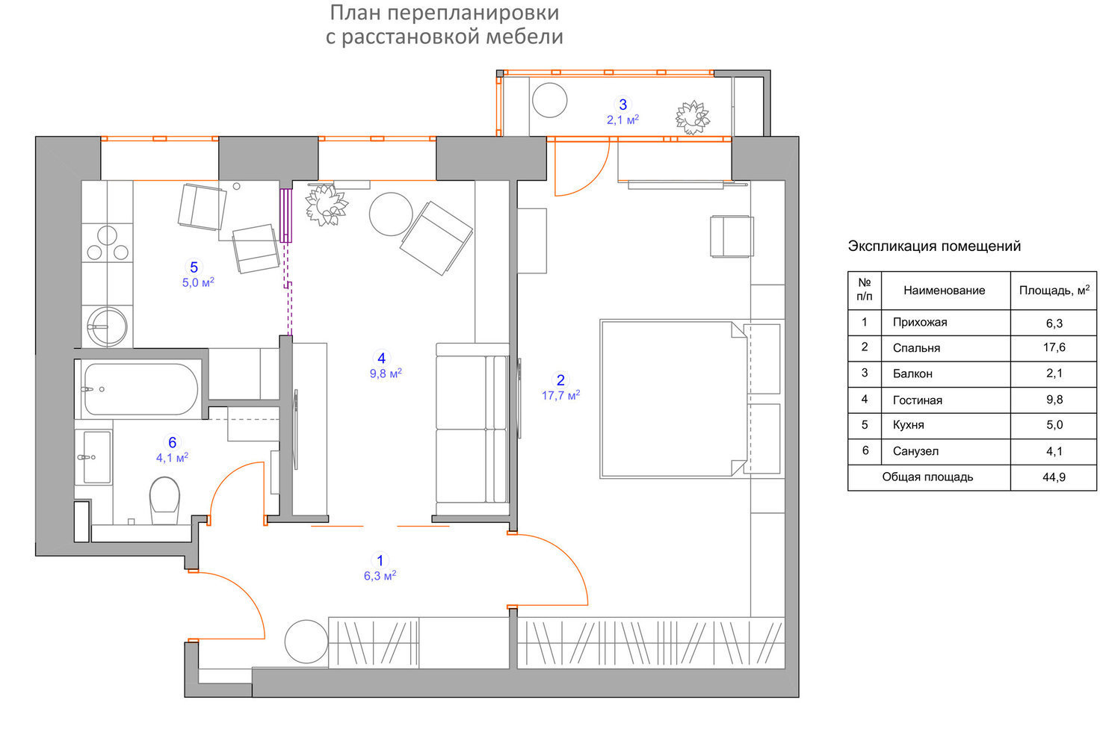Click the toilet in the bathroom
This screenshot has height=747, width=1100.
point(164,500)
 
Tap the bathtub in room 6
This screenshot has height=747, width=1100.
point(141,389)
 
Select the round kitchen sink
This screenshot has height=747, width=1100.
point(107,326)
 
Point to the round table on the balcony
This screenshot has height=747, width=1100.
point(549,100)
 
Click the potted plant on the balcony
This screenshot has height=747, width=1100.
point(693,117)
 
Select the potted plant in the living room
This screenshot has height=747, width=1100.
point(326,205)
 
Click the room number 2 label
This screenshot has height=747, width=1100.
point(560,379)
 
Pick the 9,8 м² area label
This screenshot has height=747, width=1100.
point(386,373)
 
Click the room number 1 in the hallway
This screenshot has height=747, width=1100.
point(380,560)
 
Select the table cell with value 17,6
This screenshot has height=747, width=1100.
point(1054,347)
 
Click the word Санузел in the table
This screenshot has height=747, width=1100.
point(915,451)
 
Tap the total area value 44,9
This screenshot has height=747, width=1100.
point(1054,477)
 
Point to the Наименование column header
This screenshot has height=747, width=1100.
point(945,290)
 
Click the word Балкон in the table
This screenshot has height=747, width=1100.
point(912,373)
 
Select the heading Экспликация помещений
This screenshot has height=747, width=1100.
point(934,246)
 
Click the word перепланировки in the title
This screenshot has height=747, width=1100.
point(473,13)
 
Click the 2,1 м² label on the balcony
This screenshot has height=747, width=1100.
point(622,120)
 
